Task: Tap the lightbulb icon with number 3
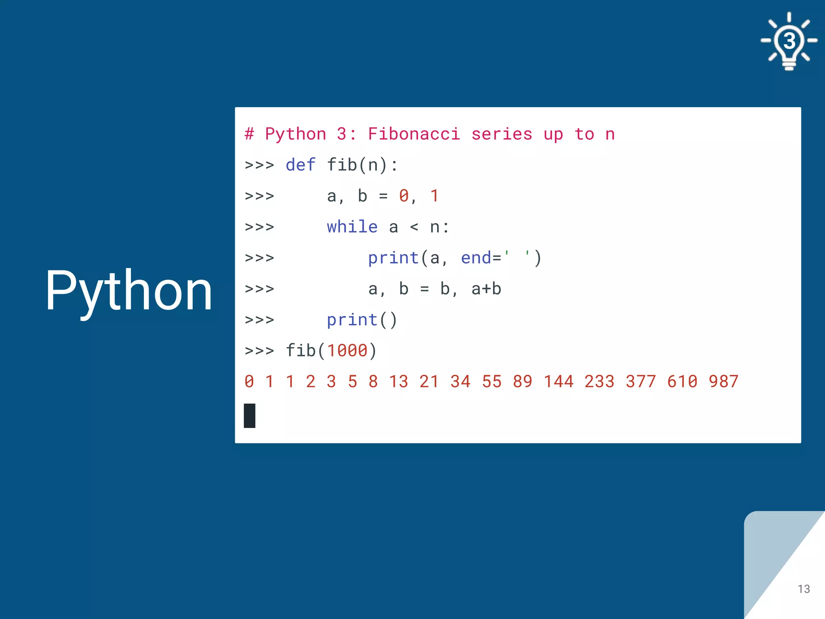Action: [x=789, y=41]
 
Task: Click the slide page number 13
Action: [x=803, y=589]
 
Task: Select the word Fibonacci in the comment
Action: [x=414, y=134]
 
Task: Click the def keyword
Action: [x=301, y=165]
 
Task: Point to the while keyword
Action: [x=352, y=227]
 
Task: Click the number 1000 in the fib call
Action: [x=347, y=351]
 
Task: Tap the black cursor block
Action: [x=250, y=415]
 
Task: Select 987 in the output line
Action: [x=723, y=381]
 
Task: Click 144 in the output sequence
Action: [x=559, y=381]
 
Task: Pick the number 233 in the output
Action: [x=599, y=381]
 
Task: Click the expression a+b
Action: [x=486, y=289]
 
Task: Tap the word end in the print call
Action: [x=476, y=258]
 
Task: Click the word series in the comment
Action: [x=502, y=134]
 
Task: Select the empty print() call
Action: [x=362, y=320]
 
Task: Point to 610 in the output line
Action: [x=682, y=381]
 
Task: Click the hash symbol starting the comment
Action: [x=249, y=134]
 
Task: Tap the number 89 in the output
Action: [x=522, y=381]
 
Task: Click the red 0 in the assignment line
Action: [x=404, y=196]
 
